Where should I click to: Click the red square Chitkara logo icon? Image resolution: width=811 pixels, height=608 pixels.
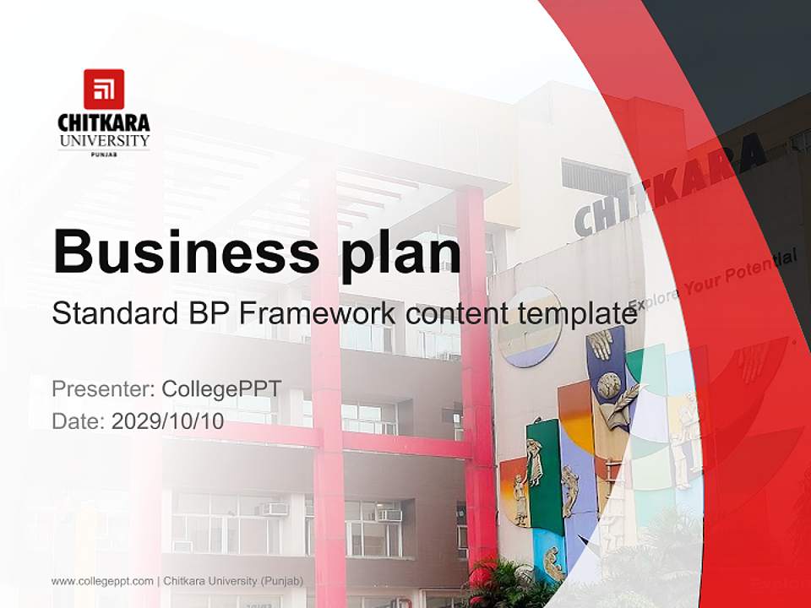104,89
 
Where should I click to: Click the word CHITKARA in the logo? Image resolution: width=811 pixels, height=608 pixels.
104,122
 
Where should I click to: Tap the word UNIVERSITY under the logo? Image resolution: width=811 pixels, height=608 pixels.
104,140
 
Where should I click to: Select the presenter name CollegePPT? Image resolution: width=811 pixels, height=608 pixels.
221,389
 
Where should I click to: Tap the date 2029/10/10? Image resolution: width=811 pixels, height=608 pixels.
167,421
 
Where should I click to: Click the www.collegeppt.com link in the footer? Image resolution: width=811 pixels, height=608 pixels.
102,581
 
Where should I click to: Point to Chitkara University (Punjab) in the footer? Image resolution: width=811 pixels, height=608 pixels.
233,581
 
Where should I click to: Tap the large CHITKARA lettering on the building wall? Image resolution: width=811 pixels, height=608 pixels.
667,186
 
